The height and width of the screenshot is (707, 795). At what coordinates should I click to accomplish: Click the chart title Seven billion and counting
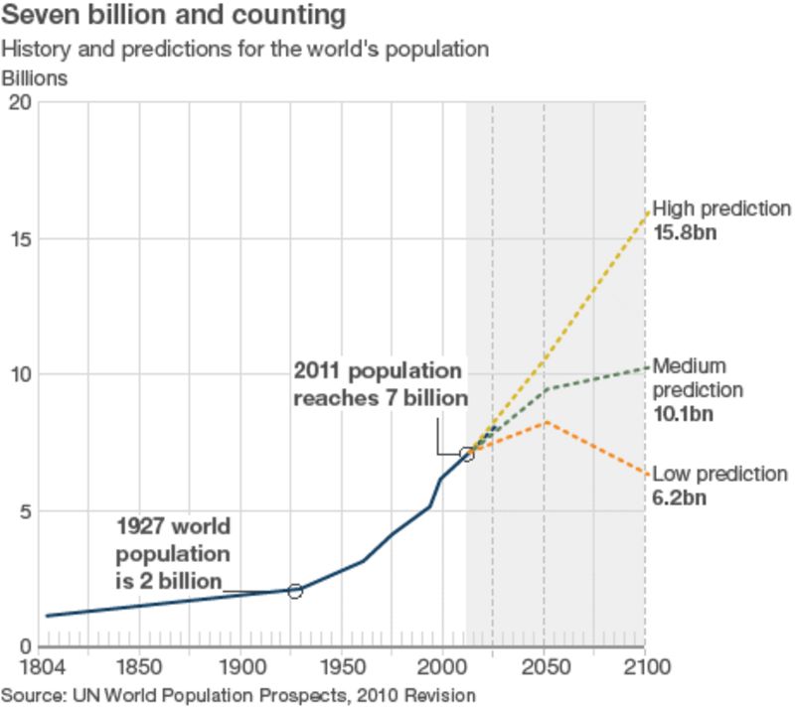click(175, 17)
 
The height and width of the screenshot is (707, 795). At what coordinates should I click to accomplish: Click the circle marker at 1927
click(295, 591)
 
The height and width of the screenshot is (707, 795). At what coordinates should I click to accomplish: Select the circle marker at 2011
click(467, 455)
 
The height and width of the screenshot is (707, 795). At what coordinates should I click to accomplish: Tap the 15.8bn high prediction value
click(684, 233)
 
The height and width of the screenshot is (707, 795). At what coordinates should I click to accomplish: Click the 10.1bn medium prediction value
click(684, 413)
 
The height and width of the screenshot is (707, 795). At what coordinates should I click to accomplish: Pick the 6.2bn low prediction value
click(680, 497)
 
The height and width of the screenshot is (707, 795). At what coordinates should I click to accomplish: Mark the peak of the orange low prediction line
click(545, 423)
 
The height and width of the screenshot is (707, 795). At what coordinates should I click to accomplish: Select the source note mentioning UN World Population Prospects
click(238, 694)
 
